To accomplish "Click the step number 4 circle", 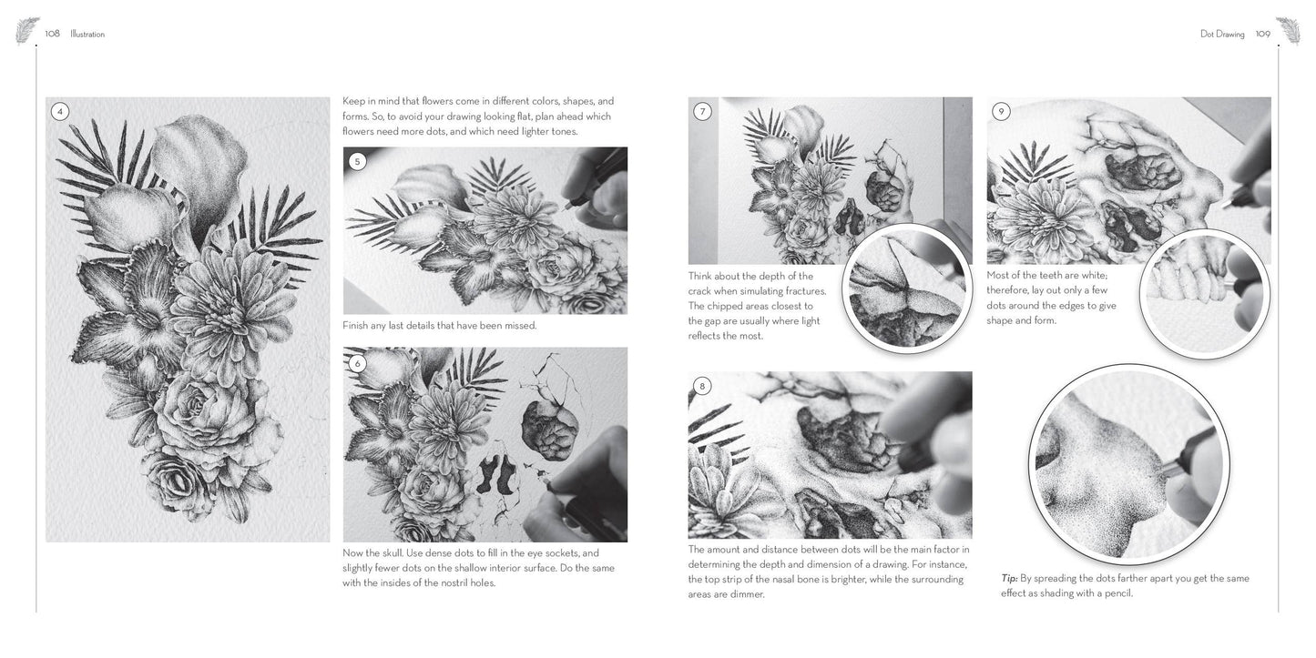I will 59,112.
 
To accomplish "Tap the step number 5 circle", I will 357,162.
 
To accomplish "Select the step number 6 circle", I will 357,363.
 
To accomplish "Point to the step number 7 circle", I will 702,112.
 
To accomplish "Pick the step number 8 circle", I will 701,386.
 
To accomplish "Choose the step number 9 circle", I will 1001,112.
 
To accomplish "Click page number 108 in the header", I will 52,34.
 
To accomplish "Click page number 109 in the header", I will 1262,34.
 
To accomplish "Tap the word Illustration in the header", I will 87,35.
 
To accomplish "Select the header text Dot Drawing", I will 1222,35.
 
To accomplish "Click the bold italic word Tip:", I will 1009,578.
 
